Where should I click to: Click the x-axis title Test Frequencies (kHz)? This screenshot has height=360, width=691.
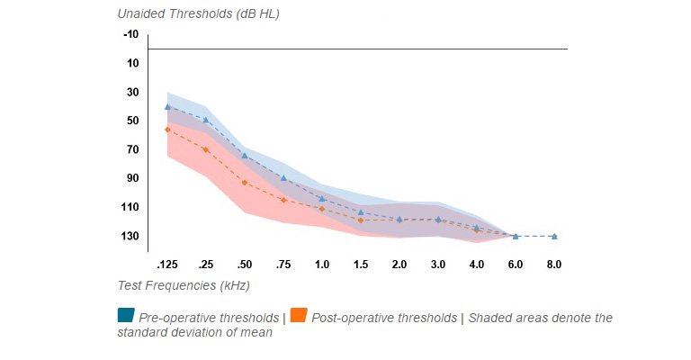pos(184,285)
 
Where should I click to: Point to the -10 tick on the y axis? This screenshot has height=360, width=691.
pos(130,34)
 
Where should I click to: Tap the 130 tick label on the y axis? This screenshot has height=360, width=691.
pos(130,236)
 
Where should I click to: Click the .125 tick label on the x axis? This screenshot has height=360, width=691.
pos(166,265)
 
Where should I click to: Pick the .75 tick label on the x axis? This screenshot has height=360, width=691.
pos(283,265)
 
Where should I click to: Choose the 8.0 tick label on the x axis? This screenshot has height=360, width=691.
pos(554,265)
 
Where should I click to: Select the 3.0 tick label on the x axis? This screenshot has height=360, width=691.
pos(438,265)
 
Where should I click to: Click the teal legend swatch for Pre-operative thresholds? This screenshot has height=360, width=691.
pos(126,315)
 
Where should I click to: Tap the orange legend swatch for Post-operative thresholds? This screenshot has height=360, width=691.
pos(299,315)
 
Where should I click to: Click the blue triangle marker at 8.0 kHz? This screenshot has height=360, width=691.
pos(554,236)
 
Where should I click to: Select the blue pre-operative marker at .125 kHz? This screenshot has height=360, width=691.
pos(167,106)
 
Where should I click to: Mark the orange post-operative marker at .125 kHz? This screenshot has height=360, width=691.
pos(167,130)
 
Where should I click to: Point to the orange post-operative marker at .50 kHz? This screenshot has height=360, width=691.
pos(245,183)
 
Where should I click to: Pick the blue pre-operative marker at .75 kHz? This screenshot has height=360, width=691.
pos(283,177)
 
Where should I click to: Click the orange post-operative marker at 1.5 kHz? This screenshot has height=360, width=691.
pos(361,220)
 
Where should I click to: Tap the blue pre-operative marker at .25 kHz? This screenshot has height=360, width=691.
pos(206,120)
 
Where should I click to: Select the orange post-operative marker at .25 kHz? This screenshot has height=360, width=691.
pos(206,149)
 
